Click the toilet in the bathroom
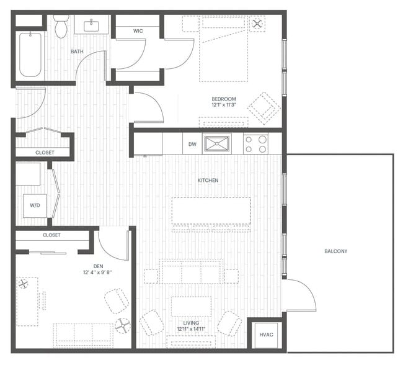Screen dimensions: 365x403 60,27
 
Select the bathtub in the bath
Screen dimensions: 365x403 29,54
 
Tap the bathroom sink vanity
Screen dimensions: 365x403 92,25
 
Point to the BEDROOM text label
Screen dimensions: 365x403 224,99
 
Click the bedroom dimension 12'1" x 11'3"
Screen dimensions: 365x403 224,105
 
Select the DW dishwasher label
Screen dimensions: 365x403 192,144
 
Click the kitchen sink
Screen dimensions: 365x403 217,144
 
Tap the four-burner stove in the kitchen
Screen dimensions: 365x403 255,144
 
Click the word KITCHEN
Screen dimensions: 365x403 208,181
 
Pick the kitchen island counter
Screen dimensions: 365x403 211,211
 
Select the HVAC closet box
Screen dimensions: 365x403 266,335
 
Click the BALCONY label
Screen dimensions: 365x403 335,251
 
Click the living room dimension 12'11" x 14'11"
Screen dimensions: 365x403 192,328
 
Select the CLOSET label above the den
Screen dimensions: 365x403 51,235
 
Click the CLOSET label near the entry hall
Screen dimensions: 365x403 44,152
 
